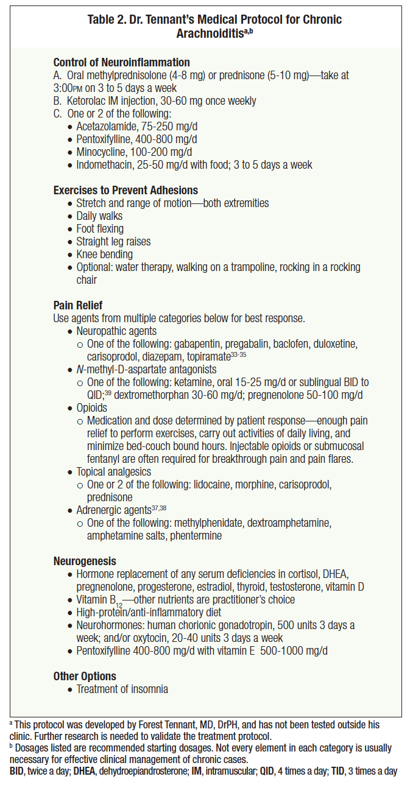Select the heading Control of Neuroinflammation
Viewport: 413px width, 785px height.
coord(121,63)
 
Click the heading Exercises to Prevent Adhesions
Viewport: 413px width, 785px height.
coord(125,191)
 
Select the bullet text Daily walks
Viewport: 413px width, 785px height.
coord(99,216)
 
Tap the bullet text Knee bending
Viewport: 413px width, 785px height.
coord(104,255)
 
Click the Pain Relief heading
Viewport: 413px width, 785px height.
coord(78,306)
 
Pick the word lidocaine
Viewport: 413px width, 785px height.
coord(196,485)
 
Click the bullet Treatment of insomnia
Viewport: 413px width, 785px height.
coord(122,689)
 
